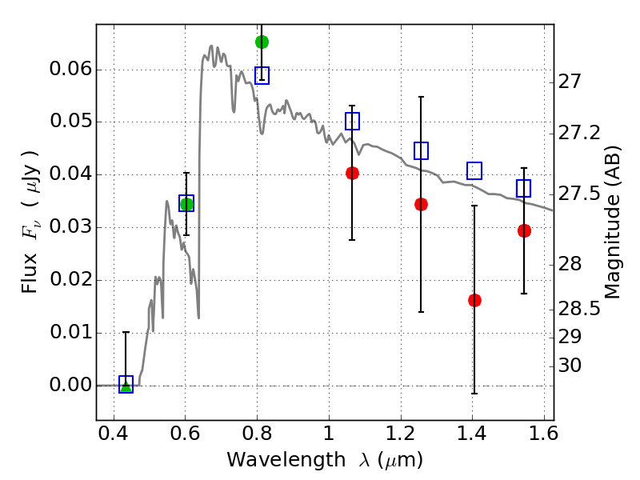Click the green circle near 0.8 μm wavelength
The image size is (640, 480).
pos(262,42)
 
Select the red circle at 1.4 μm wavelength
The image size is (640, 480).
pos(474,301)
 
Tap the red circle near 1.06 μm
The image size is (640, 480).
pos(352,173)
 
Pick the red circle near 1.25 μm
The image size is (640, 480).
pos(422,204)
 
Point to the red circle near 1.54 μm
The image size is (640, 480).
pos(524,230)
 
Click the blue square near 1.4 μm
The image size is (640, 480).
pos(474,170)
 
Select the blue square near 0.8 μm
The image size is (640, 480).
pos(262,75)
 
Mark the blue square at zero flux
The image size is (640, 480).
pos(126,384)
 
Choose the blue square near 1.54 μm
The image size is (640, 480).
pos(523,188)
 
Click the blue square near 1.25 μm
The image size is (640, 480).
pos(422,150)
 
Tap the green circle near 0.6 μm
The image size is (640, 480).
pos(186,204)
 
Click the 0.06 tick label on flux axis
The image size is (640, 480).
pos(71,69)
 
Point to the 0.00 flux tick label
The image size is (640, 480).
pos(71,385)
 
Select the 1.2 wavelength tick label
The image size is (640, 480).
pos(401,433)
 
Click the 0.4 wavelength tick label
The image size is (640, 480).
pos(114,433)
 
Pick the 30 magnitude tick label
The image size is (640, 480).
pos(570,366)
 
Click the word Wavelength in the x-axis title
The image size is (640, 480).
pos(286,460)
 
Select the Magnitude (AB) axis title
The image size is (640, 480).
pos(612,222)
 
